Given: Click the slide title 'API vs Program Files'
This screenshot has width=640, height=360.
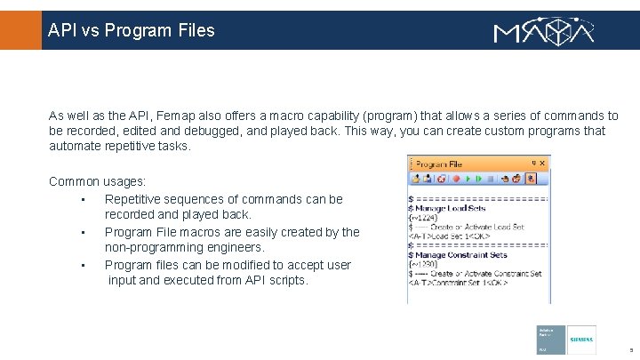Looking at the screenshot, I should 132,30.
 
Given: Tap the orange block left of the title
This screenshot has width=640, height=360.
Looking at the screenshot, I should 20,30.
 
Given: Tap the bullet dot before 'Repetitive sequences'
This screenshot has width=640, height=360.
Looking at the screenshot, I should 82,199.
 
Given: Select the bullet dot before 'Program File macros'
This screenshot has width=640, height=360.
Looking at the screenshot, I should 82,232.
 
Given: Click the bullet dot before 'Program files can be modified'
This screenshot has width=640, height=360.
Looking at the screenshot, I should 82,265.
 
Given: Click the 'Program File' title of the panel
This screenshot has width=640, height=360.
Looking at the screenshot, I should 439,164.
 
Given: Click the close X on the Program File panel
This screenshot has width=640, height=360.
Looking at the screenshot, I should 544,164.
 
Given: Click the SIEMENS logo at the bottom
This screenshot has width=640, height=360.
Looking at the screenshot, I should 581,340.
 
